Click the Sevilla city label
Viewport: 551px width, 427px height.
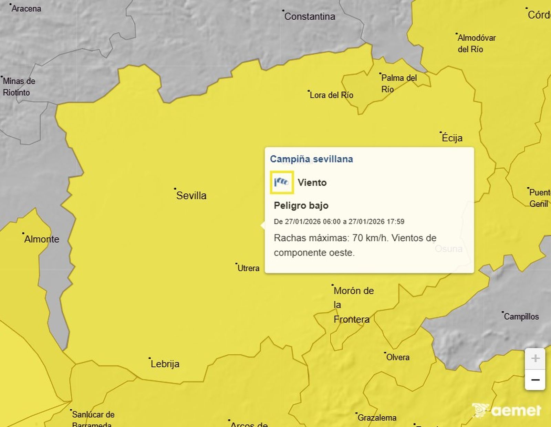[x=191, y=196]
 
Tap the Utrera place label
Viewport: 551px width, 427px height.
[x=248, y=268]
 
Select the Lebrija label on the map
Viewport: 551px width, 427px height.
[x=165, y=364]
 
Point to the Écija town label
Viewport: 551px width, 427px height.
[x=452, y=138]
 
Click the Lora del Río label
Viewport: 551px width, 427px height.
[x=331, y=95]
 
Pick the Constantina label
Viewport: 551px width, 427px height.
[x=310, y=17]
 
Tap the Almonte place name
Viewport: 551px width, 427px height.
[x=42, y=239]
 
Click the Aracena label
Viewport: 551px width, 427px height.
[x=26, y=9]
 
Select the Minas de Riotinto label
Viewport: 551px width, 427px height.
[x=19, y=87]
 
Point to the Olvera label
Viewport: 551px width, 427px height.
[x=398, y=357]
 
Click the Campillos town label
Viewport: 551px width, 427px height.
[x=521, y=316]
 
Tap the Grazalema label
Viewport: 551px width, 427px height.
[x=377, y=418]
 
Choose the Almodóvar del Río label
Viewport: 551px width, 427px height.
[x=476, y=43]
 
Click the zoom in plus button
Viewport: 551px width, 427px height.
[x=535, y=358]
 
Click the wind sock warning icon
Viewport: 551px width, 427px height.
[x=282, y=182]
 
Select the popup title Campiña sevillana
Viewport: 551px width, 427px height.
[x=311, y=159]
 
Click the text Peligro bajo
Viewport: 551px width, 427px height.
[x=301, y=206]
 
